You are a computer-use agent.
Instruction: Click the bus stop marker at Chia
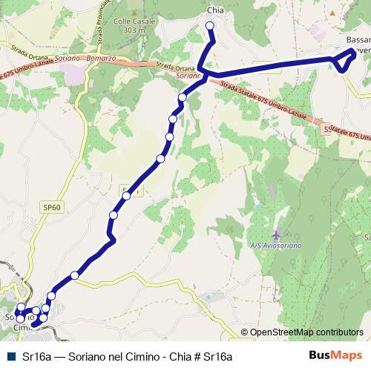tap(209, 26)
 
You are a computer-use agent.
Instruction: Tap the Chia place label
tap(215, 10)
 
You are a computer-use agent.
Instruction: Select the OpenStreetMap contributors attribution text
tap(306, 332)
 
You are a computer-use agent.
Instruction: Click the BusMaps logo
tap(335, 355)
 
